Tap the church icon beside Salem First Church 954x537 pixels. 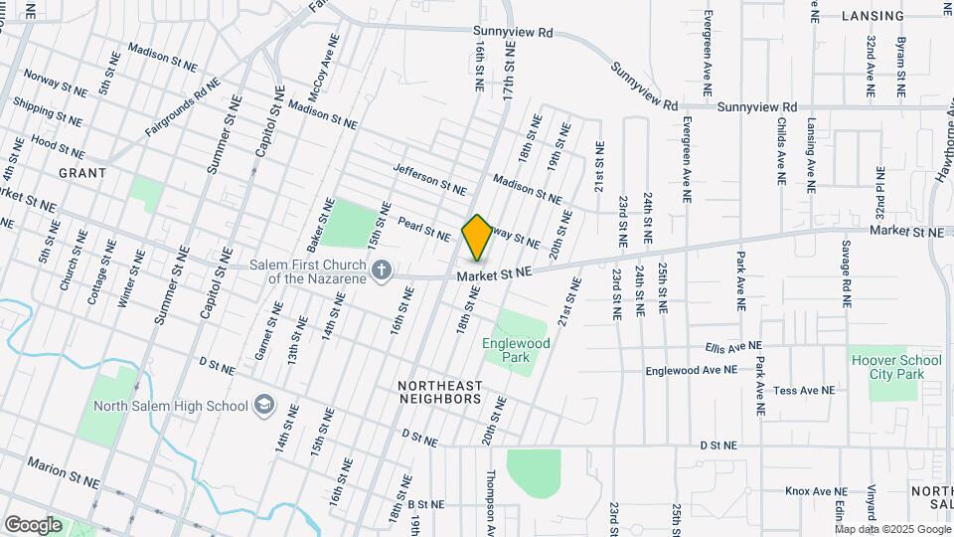click(x=381, y=269)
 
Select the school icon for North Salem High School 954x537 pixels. click(x=264, y=405)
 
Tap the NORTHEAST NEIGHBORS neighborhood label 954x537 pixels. click(x=439, y=391)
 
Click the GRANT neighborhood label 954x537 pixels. click(x=82, y=172)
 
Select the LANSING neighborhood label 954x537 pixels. click(x=873, y=16)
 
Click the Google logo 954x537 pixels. click(x=33, y=524)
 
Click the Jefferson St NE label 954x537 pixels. click(x=429, y=179)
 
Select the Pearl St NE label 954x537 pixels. click(x=424, y=228)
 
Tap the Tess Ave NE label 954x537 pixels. click(x=805, y=391)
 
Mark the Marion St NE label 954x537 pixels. click(x=64, y=472)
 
